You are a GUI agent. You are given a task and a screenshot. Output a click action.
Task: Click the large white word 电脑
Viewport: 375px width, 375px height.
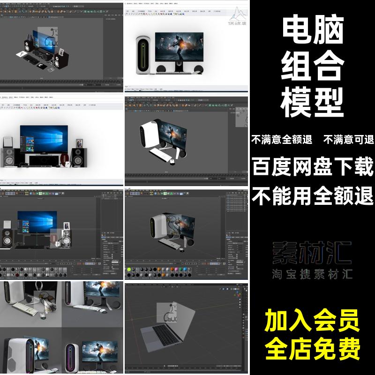tap(313, 31)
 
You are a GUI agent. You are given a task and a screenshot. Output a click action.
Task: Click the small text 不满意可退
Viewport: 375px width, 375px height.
tap(348, 139)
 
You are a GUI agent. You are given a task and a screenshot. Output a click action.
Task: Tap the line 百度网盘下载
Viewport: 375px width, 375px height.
tap(313, 166)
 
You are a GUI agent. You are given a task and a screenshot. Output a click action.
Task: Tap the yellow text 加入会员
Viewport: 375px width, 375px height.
tap(313, 322)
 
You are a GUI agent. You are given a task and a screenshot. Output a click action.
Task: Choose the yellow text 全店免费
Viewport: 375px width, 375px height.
tap(313, 348)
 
